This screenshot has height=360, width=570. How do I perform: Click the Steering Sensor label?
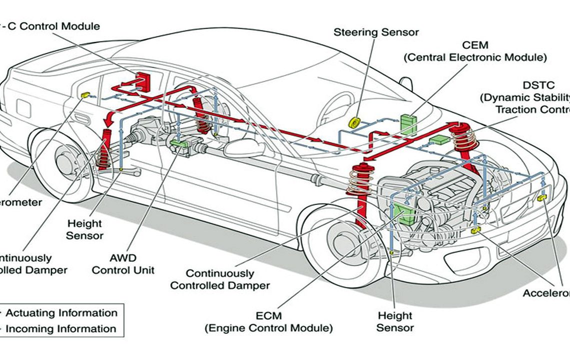coord(376,32)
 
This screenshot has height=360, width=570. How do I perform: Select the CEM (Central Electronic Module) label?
coord(474,51)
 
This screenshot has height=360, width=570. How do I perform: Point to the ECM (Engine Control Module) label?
coord(268,322)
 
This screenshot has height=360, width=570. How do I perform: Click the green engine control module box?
coord(403,213)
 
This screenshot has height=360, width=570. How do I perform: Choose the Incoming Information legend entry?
coord(60,328)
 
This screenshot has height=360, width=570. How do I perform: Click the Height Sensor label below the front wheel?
coord(395,321)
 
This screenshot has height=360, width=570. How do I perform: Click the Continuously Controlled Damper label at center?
coord(219,279)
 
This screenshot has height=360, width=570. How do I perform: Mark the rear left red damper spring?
coord(104,150)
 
